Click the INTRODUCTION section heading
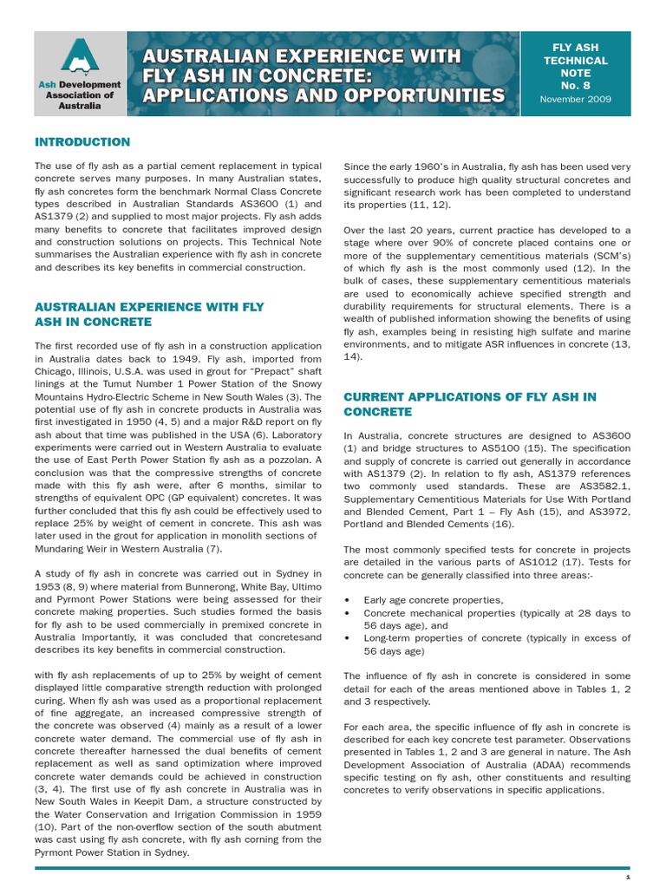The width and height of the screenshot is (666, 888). pos(82,142)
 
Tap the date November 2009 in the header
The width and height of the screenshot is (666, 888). pos(575,100)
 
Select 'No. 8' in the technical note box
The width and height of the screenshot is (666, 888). pos(575,87)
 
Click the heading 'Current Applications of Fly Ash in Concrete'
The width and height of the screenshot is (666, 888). pos(469,403)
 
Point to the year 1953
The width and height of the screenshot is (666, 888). pos(50,586)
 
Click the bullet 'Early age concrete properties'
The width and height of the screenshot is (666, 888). pos(421,599)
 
